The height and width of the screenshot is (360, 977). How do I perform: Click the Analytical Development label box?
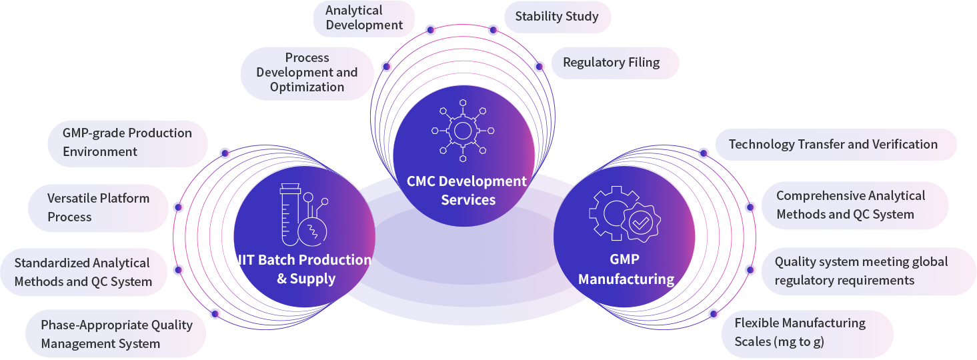coord(364,18)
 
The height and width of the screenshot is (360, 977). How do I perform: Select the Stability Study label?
coord(557,17)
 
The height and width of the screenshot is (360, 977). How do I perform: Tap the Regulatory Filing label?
coord(612,63)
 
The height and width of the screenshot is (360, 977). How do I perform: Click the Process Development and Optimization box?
coord(307,73)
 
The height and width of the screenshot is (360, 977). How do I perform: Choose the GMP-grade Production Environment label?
coord(127,143)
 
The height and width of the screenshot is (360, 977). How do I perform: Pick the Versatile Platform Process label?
coord(98,207)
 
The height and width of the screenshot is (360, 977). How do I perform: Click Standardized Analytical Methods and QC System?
coord(83,272)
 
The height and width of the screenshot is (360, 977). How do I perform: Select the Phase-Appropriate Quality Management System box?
coord(116,334)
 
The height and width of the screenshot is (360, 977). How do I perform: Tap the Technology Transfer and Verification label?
coord(834,145)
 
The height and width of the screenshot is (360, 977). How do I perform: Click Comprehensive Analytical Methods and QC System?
coord(851,205)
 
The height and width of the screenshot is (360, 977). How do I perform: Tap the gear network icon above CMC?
coord(463,131)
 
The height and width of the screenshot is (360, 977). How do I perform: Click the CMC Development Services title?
coord(467,191)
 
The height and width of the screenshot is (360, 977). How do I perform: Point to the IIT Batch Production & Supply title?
coord(305,269)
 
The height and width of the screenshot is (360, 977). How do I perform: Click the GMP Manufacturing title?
coord(626,269)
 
